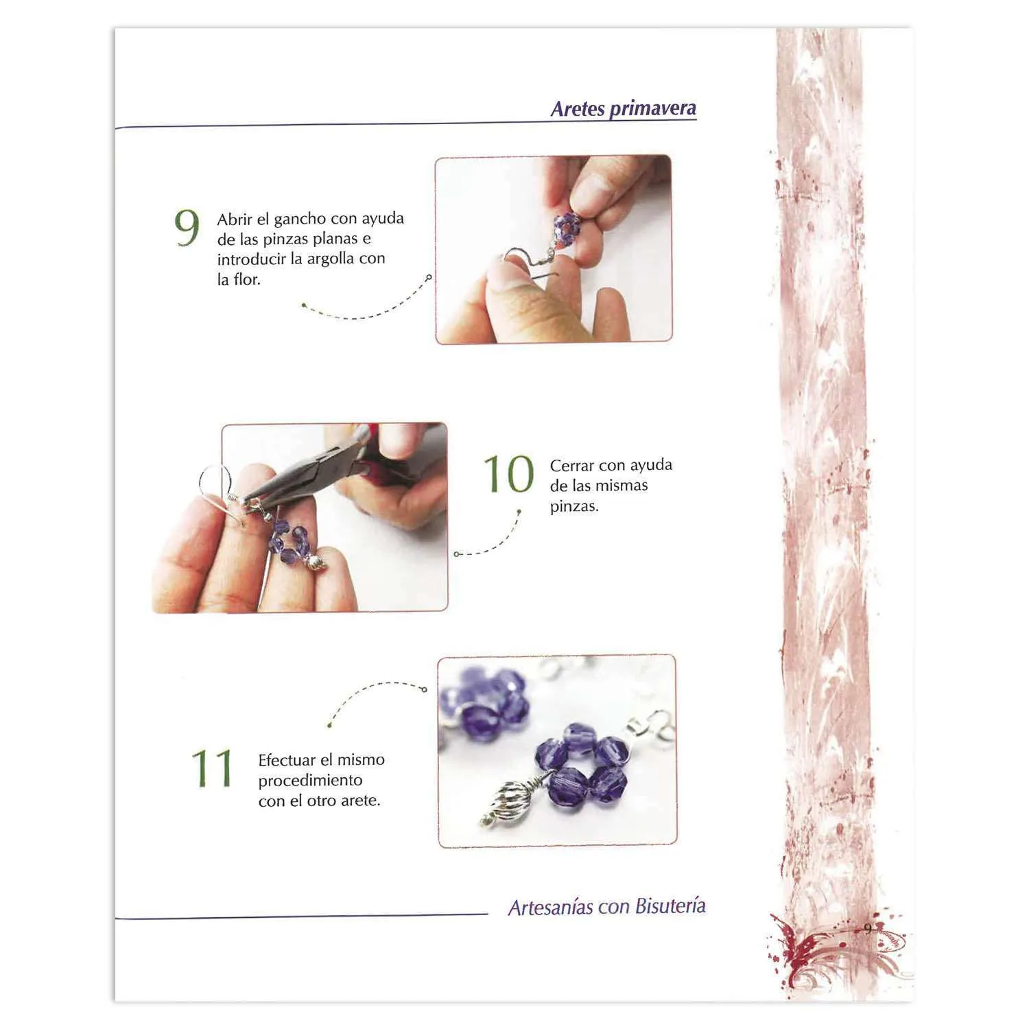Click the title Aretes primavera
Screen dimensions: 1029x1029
pos(624,108)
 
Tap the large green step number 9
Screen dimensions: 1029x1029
pos(187,228)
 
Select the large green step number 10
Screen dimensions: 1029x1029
pos(508,473)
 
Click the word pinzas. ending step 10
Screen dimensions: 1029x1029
pos(574,507)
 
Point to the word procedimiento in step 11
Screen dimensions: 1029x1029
pos(310,781)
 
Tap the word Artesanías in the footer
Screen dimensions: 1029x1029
pos(551,908)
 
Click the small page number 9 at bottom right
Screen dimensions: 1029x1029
pos(868,928)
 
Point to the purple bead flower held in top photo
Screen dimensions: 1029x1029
pos(567,226)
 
